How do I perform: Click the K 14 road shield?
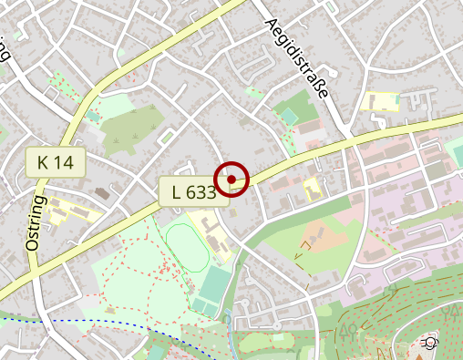pyautogui.click(x=56, y=163)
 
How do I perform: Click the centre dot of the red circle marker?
pyautogui.click(x=231, y=178)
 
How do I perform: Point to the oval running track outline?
pyautogui.click(x=184, y=247)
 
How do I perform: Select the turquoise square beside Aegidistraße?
pyautogui.click(x=289, y=117)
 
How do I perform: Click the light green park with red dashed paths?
pyautogui.click(x=137, y=273)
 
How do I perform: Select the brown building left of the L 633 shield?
pyautogui.click(x=101, y=193)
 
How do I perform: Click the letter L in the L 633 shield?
pyautogui.click(x=176, y=191)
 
